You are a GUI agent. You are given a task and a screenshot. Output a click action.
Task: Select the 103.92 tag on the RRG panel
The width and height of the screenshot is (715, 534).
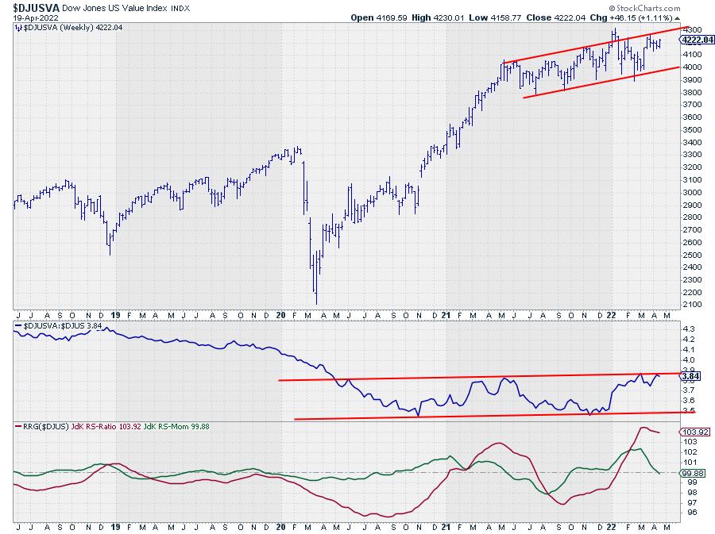point(692,432)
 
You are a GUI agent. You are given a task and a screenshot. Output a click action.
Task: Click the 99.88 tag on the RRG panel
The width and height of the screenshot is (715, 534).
point(690,472)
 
